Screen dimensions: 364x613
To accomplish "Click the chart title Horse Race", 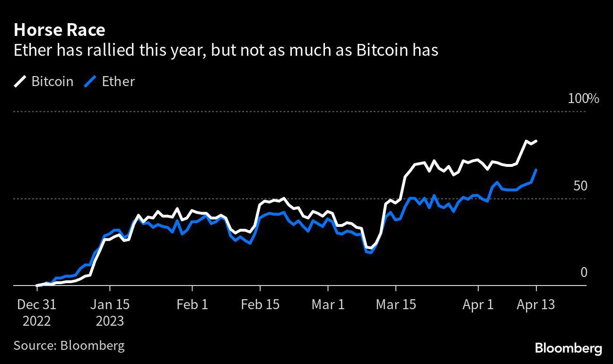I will [59, 30].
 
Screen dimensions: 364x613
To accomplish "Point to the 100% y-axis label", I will [583, 99].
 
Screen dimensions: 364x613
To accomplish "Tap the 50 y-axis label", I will [580, 186].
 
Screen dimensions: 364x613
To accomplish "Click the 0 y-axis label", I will [583, 272].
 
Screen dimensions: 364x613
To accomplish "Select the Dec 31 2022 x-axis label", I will [36, 312].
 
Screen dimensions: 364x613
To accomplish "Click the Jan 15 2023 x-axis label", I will [110, 312].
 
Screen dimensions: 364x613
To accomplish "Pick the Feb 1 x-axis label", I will [192, 304].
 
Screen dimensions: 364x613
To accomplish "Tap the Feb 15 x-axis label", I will [260, 304].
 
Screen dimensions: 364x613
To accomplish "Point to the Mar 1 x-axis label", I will [328, 304].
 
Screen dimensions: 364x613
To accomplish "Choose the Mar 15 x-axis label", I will [395, 304].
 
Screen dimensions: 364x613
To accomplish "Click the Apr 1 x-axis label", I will [478, 304].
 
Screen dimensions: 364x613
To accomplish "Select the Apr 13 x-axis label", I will [536, 304].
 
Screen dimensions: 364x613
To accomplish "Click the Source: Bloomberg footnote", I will [69, 345].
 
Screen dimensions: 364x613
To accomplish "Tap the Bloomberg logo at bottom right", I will [568, 348].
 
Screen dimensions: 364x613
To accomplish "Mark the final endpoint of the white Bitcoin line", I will [536, 141].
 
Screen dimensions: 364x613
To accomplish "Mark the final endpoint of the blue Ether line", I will [536, 170].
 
